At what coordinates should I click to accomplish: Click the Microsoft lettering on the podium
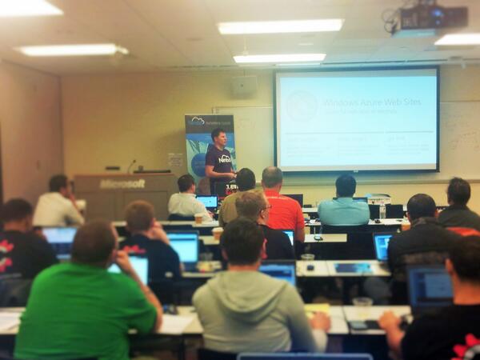tap(122, 184)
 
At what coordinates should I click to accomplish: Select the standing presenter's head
tap(218, 136)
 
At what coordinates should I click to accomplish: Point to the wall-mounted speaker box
tap(244, 86)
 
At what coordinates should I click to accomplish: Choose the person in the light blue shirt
tap(344, 206)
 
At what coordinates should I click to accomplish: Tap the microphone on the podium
tap(130, 166)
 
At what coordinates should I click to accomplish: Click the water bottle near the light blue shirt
tap(382, 210)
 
